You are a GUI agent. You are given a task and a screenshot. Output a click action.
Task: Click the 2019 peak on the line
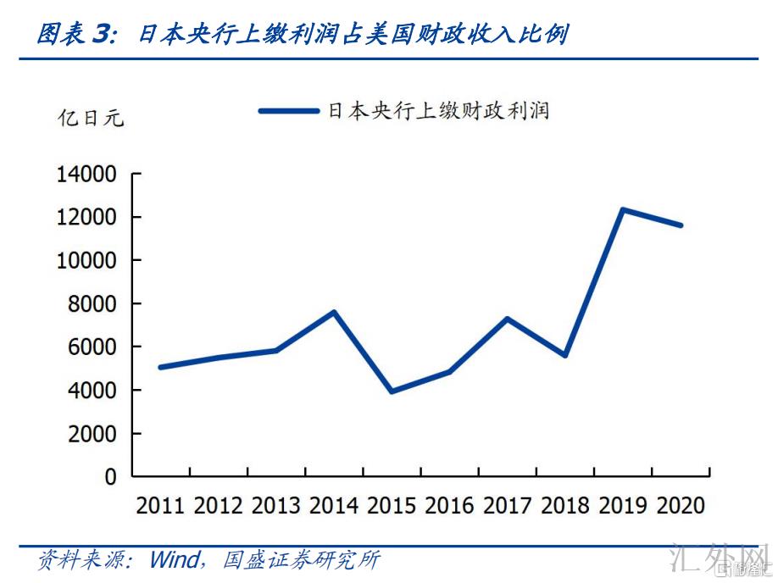623,209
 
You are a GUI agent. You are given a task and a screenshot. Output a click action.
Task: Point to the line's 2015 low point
392,391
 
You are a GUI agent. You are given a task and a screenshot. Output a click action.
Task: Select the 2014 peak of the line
334,312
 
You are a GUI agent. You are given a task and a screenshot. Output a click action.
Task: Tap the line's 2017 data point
507,319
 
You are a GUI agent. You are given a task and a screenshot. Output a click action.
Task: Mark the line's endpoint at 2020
681,225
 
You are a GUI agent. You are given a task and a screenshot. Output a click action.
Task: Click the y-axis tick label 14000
86,175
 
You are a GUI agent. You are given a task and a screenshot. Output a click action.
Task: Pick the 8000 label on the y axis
92,303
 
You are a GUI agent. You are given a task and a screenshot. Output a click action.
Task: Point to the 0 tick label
110,477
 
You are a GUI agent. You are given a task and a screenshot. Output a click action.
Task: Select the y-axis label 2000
92,434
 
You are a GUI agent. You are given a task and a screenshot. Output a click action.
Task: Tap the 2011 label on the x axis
160,505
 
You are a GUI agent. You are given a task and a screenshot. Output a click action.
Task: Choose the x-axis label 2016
449,505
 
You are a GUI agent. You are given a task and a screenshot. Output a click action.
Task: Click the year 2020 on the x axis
681,505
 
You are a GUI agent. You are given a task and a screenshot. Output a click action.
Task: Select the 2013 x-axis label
276,505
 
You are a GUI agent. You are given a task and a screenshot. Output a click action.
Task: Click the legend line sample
289,110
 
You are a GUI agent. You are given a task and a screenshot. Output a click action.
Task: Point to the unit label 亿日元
90,118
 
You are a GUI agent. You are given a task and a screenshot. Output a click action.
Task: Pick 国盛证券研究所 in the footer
301,560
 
